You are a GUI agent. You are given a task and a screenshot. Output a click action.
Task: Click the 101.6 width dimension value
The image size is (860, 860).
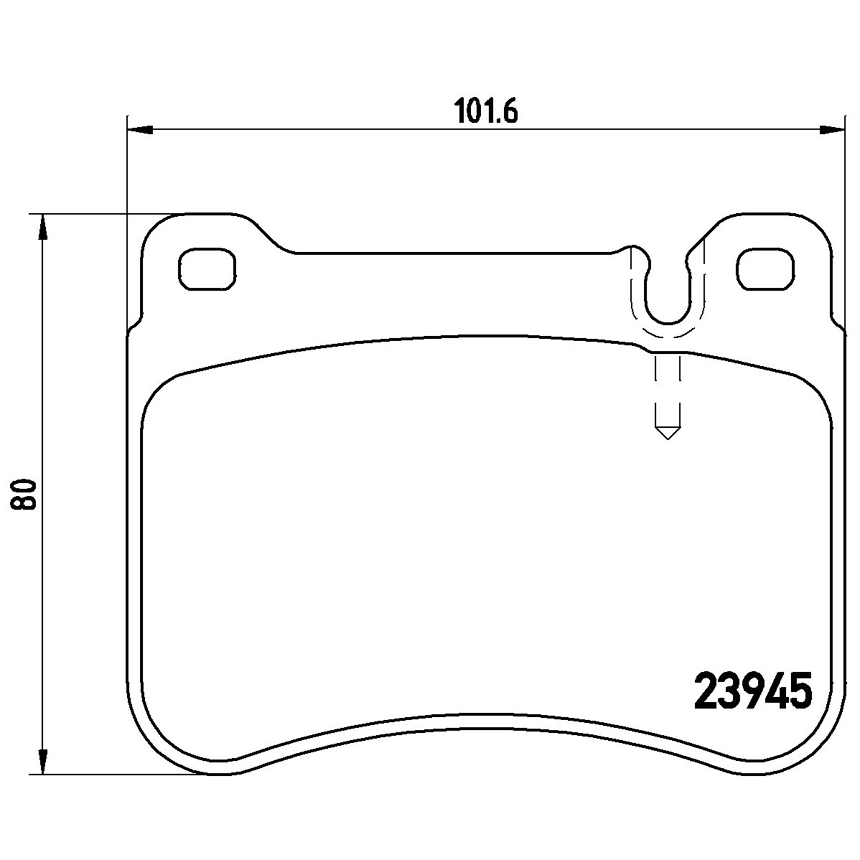(486, 111)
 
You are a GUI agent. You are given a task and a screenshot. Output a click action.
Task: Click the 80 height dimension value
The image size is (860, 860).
(24, 495)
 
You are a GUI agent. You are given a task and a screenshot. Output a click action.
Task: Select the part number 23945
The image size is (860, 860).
(753, 690)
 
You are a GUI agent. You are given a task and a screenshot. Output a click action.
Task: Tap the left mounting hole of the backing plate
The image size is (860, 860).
(208, 269)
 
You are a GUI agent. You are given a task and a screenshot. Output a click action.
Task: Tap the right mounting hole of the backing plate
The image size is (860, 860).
(766, 269)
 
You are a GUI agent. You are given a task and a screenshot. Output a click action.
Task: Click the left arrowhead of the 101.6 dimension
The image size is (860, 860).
(140, 130)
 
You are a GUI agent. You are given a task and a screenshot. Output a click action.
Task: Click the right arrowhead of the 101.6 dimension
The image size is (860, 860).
(832, 130)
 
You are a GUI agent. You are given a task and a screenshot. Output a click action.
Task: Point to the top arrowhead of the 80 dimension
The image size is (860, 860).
(42, 228)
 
